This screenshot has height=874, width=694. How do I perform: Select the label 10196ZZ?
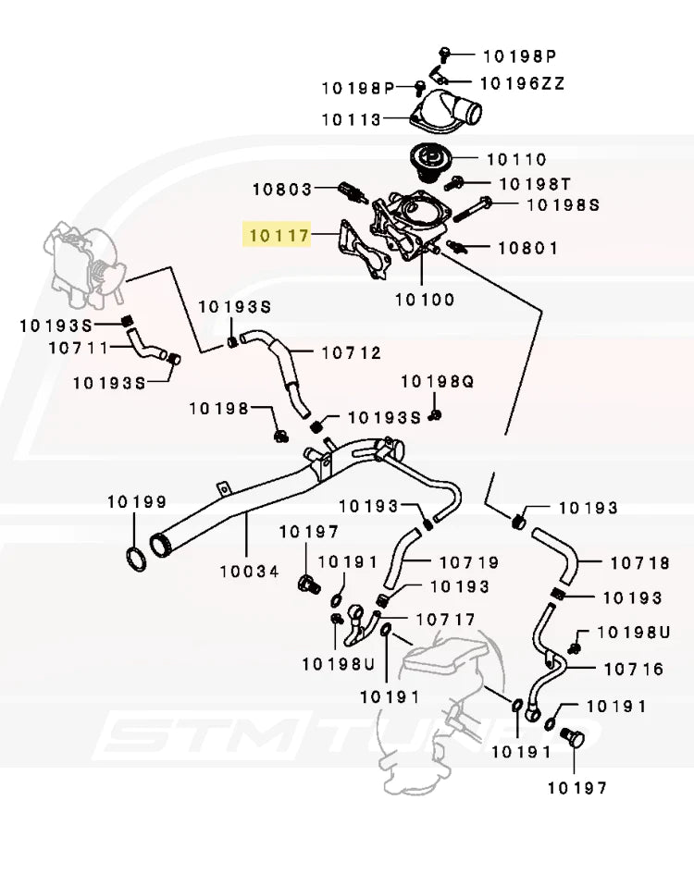tap(523, 84)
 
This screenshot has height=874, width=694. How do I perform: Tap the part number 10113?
tap(351, 119)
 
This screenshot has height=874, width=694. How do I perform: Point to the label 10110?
tap(516, 160)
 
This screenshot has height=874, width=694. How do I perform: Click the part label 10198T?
tap(536, 184)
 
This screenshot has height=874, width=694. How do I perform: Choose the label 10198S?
tap(563, 205)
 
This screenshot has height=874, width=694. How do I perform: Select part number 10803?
tap(282, 190)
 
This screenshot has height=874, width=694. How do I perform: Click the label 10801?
tap(528, 248)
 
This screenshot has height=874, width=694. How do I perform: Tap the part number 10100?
tap(425, 300)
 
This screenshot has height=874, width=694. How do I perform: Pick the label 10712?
tap(352, 352)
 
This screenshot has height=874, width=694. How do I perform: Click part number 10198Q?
tap(438, 381)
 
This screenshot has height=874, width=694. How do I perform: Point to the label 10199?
tap(136, 502)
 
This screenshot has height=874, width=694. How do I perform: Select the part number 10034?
tap(249, 572)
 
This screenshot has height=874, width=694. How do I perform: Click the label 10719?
tap(469, 562)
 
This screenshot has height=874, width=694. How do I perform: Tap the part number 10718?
tap(639, 562)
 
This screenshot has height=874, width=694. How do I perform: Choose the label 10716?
tap(634, 669)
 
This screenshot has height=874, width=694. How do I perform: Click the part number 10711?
tap(79, 349)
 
